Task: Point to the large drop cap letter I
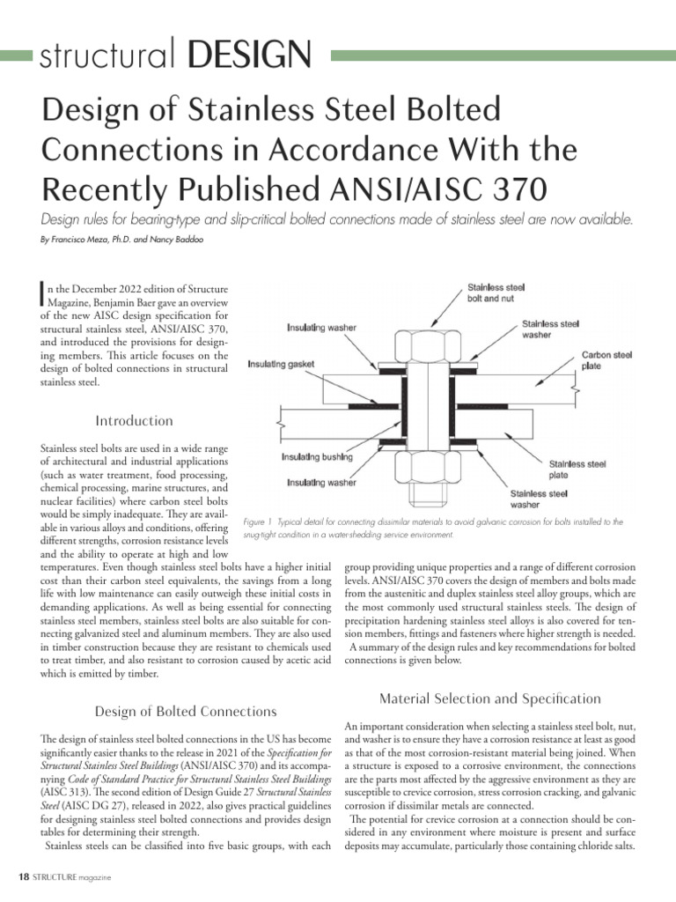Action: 45,295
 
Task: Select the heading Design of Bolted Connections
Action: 185,711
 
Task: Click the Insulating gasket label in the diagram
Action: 285,364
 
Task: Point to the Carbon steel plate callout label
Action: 606,361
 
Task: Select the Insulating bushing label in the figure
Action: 317,457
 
